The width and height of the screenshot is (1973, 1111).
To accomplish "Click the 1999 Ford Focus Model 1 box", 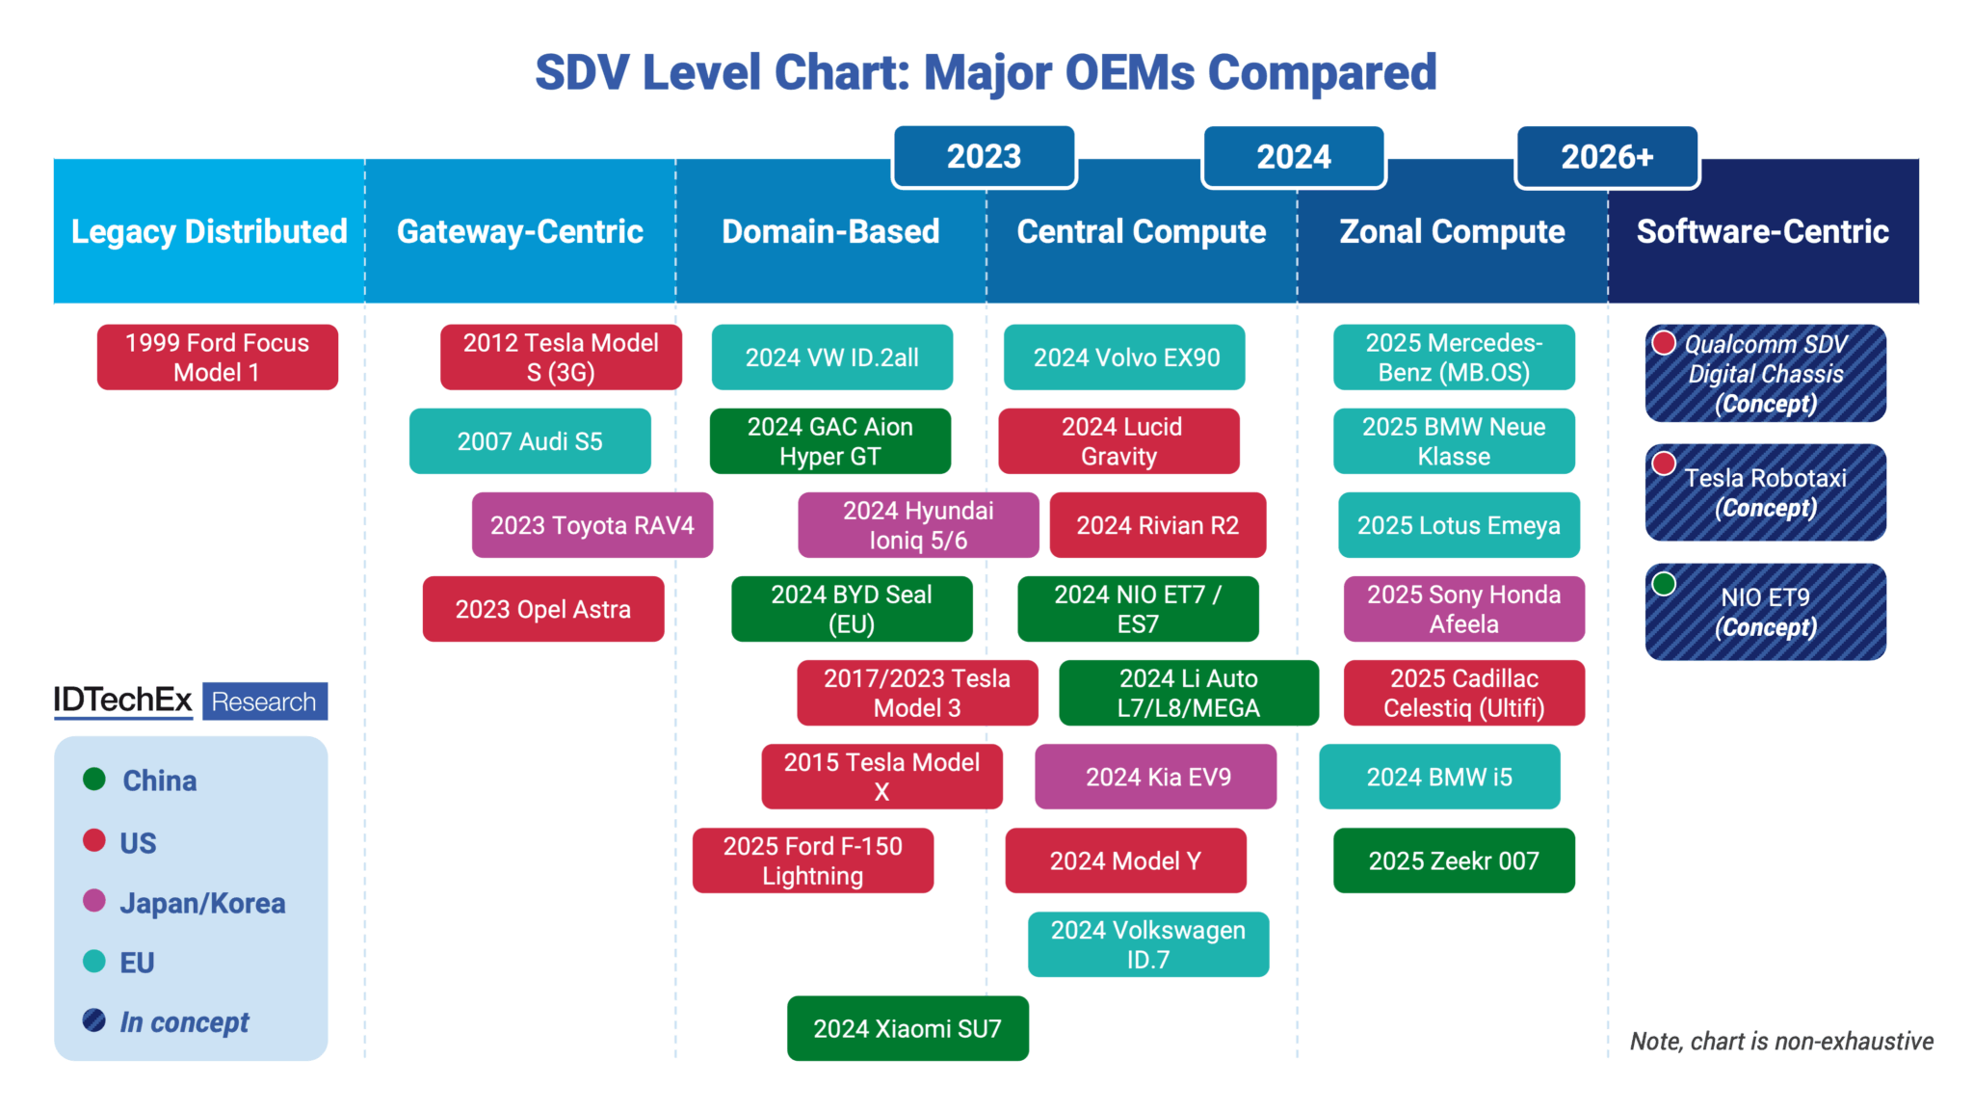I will (x=217, y=357).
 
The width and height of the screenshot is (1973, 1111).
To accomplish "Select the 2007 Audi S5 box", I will (x=530, y=441).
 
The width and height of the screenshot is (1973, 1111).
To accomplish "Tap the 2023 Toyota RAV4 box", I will (x=592, y=525).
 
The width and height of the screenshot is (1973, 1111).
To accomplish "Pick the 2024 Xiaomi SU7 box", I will (x=908, y=1028).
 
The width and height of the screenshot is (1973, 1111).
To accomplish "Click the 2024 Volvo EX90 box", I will (x=1124, y=357).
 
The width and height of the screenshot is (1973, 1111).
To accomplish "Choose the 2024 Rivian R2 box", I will (x=1157, y=525).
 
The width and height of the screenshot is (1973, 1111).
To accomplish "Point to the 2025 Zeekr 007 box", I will (x=1454, y=860).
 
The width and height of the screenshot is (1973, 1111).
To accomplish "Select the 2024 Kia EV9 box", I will (x=1156, y=777).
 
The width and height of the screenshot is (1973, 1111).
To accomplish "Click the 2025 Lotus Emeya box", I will (x=1459, y=525).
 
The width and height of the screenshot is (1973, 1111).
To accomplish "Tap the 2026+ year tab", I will (x=1607, y=157).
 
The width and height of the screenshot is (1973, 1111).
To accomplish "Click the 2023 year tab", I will (x=984, y=157).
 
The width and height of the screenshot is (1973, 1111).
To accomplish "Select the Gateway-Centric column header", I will (x=520, y=231).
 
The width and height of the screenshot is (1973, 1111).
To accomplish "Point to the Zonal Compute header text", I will (x=1452, y=231).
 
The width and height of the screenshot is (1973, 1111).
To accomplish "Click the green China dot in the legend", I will (x=94, y=779).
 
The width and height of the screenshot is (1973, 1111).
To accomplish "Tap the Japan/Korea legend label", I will (x=202, y=903).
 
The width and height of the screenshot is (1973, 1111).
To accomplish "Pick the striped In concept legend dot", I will (x=94, y=1020).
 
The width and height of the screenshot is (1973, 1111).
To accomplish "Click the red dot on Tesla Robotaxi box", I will (x=1664, y=463).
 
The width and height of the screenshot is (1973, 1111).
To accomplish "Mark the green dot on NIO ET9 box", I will (x=1664, y=583).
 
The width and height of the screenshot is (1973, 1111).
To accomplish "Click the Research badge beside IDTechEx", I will (x=264, y=701).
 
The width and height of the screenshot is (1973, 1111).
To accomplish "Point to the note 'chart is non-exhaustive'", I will (x=1781, y=1041).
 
